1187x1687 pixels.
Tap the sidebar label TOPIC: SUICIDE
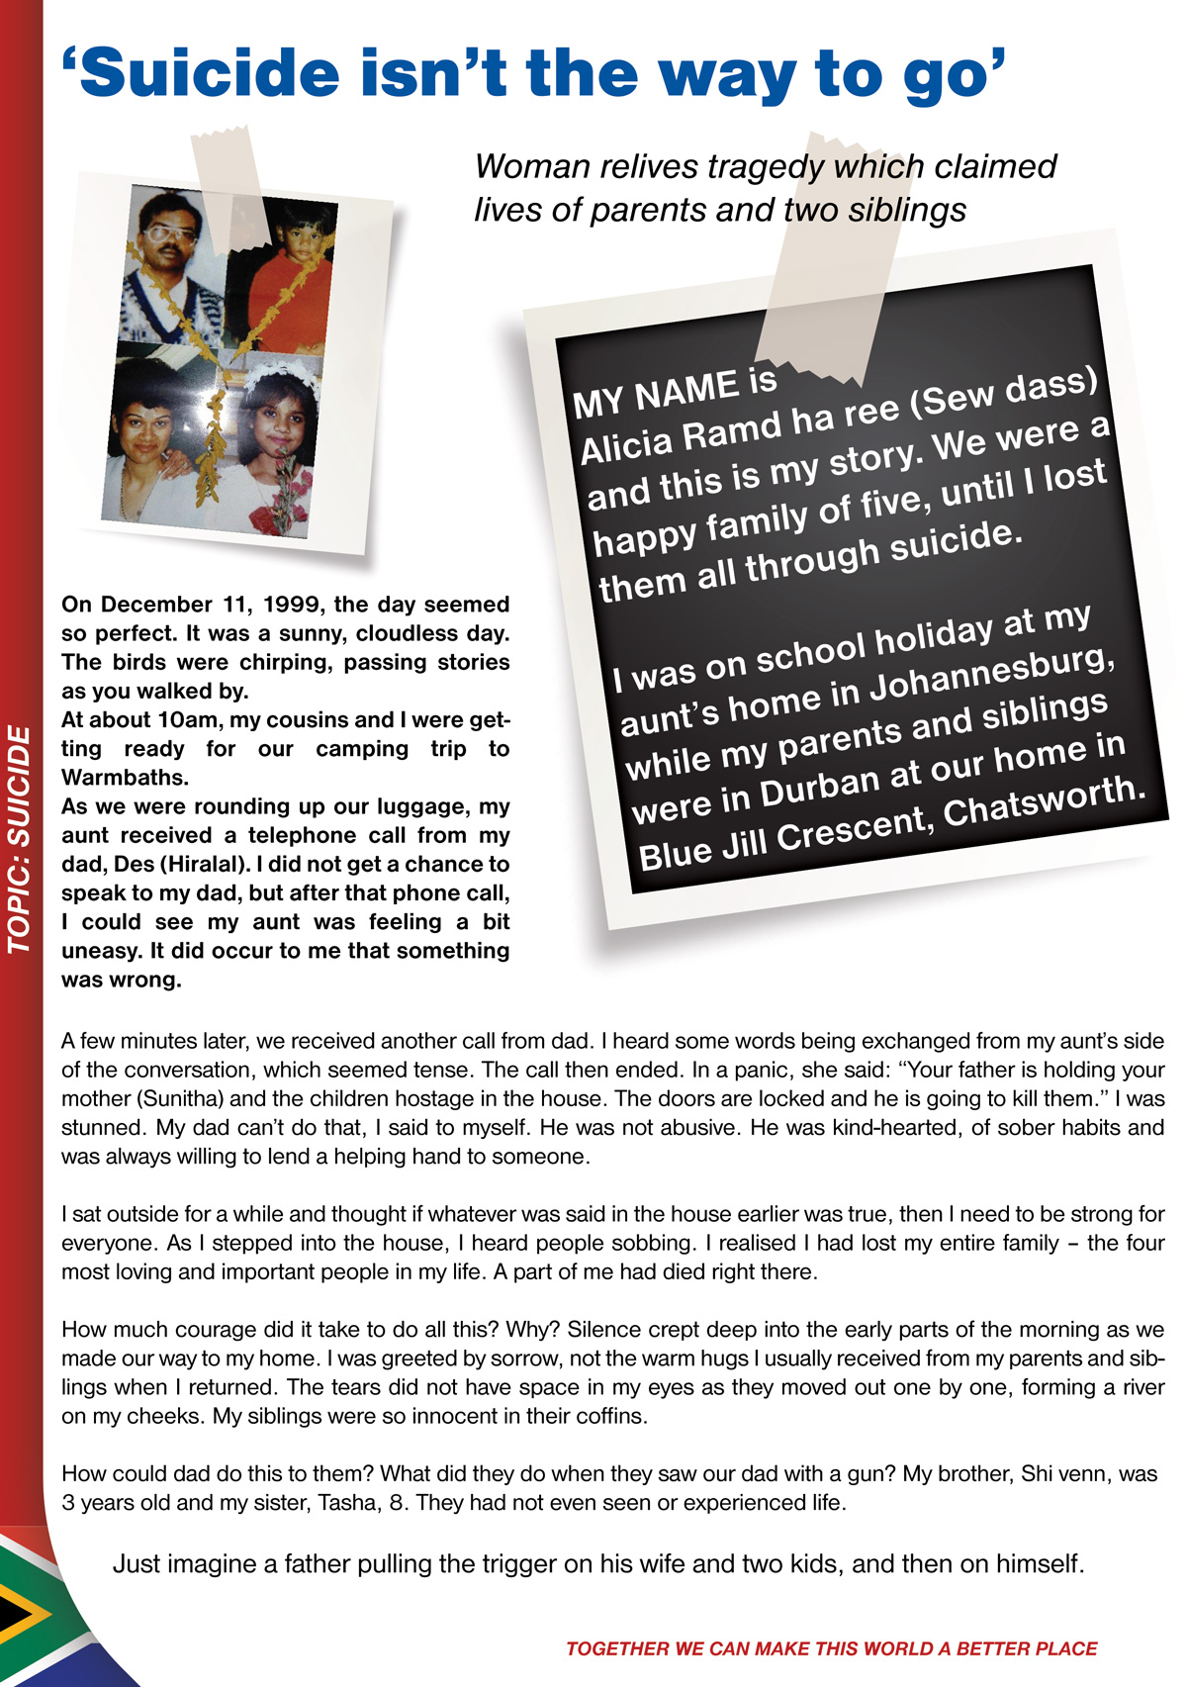(20, 839)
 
